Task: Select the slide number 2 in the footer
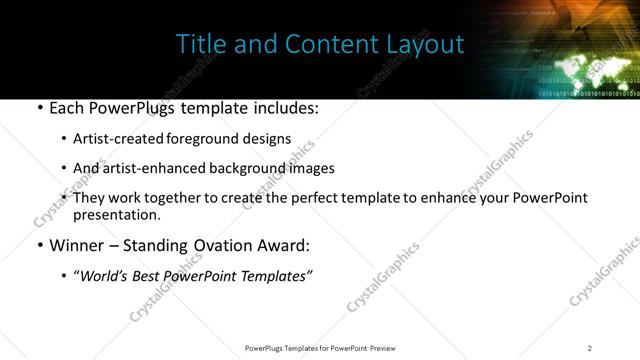590,348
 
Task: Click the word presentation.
115,214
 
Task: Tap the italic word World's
105,276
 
